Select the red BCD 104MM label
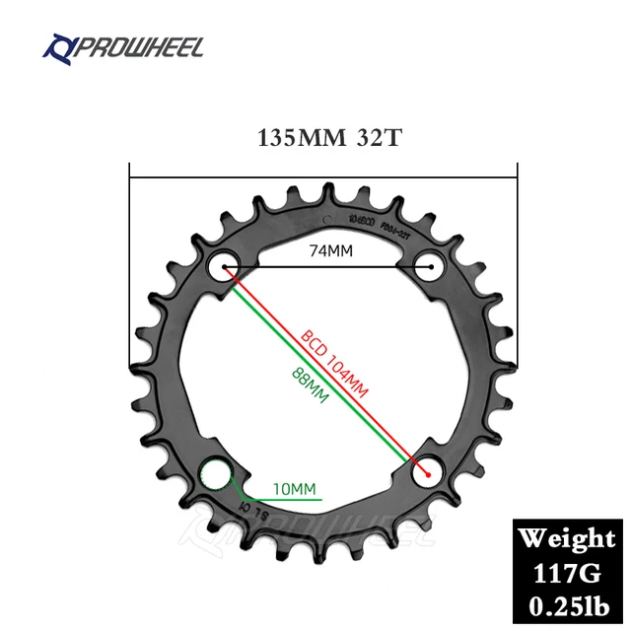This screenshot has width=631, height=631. (334, 364)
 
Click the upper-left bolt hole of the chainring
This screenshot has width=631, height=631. (221, 266)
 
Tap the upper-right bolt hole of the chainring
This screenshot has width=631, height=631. (428, 265)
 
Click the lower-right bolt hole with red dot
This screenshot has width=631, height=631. (428, 472)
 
